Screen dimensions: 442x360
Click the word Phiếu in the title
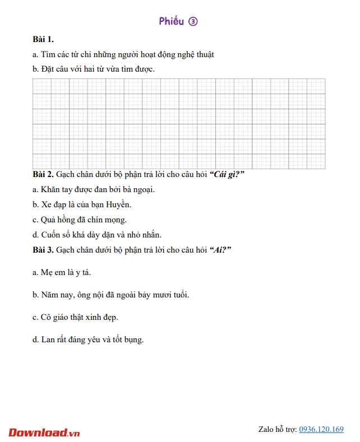(x=171, y=21)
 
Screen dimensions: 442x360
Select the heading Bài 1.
(x=43, y=39)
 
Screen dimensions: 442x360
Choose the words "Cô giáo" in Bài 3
(x=56, y=317)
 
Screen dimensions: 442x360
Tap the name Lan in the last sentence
(x=48, y=339)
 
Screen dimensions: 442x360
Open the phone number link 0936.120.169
(x=321, y=429)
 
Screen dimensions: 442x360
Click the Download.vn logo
(x=44, y=432)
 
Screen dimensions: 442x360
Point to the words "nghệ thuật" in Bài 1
(x=194, y=54)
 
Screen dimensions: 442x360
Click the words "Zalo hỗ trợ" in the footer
(x=277, y=429)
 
